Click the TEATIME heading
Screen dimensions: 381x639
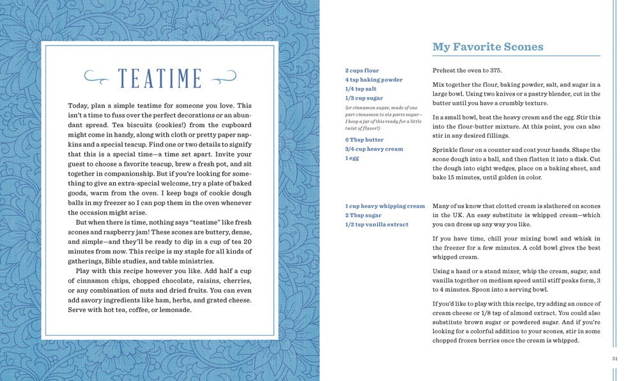160,78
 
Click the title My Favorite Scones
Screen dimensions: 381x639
488,47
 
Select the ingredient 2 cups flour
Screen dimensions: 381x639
362,70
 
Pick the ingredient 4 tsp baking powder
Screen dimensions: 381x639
374,80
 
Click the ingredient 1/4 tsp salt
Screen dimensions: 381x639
360,89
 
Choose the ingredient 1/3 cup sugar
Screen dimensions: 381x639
364,98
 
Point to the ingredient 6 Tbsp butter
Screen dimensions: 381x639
364,139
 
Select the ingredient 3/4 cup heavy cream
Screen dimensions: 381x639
374,149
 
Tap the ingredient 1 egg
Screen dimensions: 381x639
353,158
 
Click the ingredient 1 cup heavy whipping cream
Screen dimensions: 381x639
385,206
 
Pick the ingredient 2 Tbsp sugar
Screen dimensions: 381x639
363,216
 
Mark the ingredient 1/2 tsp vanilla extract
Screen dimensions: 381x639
376,225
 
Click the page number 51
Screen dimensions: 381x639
615,359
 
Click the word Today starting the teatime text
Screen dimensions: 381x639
79,105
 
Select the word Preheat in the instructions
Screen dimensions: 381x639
445,70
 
